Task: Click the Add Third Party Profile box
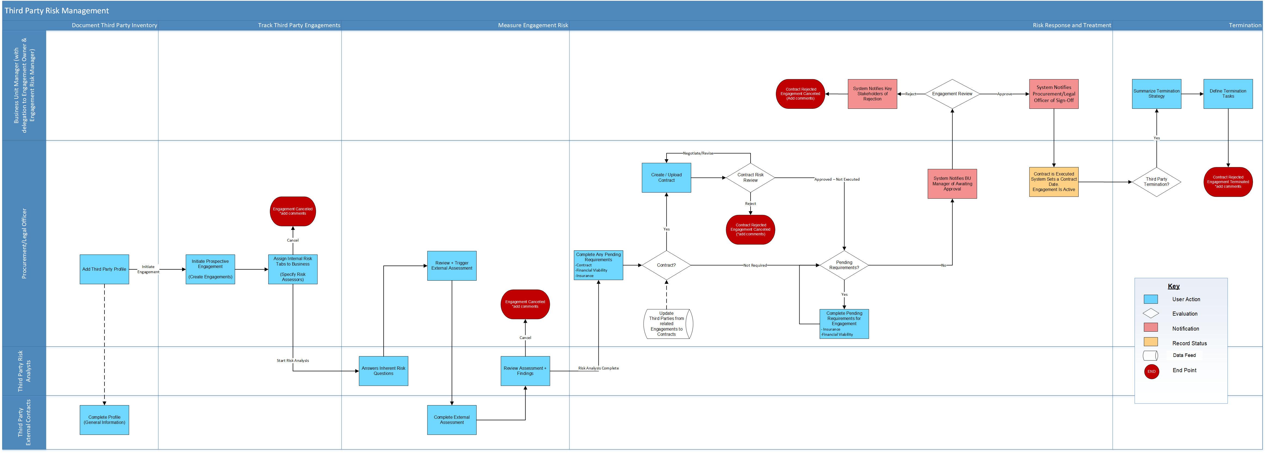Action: point(104,269)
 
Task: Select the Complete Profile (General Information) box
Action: point(104,420)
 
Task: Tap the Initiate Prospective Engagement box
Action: point(210,269)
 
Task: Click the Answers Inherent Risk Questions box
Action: point(383,371)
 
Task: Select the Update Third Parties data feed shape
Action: point(667,324)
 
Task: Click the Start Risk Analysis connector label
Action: point(293,360)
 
